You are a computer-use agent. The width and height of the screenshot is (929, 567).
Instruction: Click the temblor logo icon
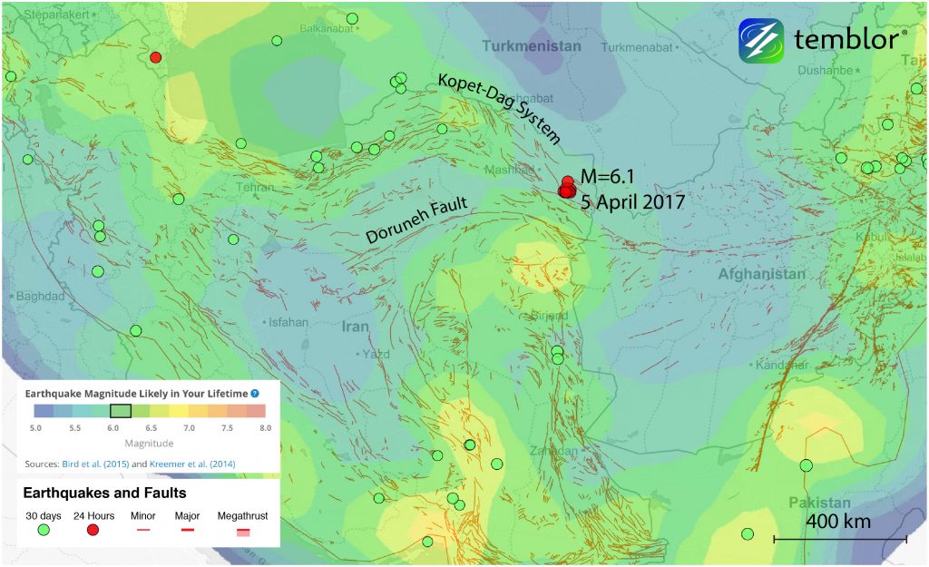pos(760,41)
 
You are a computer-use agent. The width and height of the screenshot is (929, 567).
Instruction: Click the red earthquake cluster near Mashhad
pos(566,187)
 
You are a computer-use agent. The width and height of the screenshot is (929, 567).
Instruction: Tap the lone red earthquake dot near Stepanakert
pos(155,57)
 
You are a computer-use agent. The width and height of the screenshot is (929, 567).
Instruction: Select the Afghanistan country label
pos(761,274)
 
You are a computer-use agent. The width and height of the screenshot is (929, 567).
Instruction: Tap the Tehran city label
pos(254,187)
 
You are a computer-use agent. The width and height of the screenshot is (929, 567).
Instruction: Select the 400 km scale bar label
pos(838,522)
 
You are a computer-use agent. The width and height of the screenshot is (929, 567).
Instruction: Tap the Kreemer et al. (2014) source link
pos(187,464)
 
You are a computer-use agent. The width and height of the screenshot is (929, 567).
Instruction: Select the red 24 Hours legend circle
pos(93,530)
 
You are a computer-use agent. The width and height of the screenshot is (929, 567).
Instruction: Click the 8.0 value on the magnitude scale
pos(261,426)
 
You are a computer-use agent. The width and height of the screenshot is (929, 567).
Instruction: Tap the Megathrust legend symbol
pos(243,531)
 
